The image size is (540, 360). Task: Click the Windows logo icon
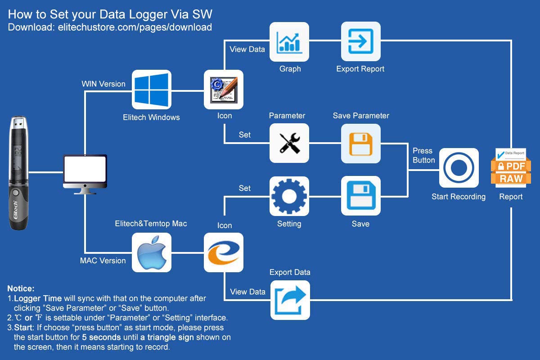point(151,90)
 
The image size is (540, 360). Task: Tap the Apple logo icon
point(151,252)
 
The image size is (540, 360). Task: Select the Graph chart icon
point(289,42)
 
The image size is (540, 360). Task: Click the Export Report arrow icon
point(360,41)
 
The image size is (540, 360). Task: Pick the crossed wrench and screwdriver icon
point(289,143)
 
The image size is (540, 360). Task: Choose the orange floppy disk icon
point(360,144)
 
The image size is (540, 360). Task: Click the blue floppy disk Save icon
point(360,196)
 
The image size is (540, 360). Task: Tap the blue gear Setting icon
point(289,196)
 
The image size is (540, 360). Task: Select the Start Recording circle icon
point(459,168)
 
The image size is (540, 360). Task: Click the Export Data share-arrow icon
point(290,300)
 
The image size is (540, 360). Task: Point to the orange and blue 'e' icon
point(224,252)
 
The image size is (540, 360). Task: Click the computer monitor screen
point(85,169)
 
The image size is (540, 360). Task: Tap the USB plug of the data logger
point(19,122)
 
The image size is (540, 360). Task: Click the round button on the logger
point(16,193)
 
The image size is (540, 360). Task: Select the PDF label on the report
point(511,166)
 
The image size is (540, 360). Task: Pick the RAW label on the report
point(511,179)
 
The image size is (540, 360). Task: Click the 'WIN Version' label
point(103,84)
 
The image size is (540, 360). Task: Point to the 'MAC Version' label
point(103,261)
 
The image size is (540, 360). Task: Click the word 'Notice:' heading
point(21,288)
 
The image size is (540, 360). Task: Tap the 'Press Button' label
point(424,155)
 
